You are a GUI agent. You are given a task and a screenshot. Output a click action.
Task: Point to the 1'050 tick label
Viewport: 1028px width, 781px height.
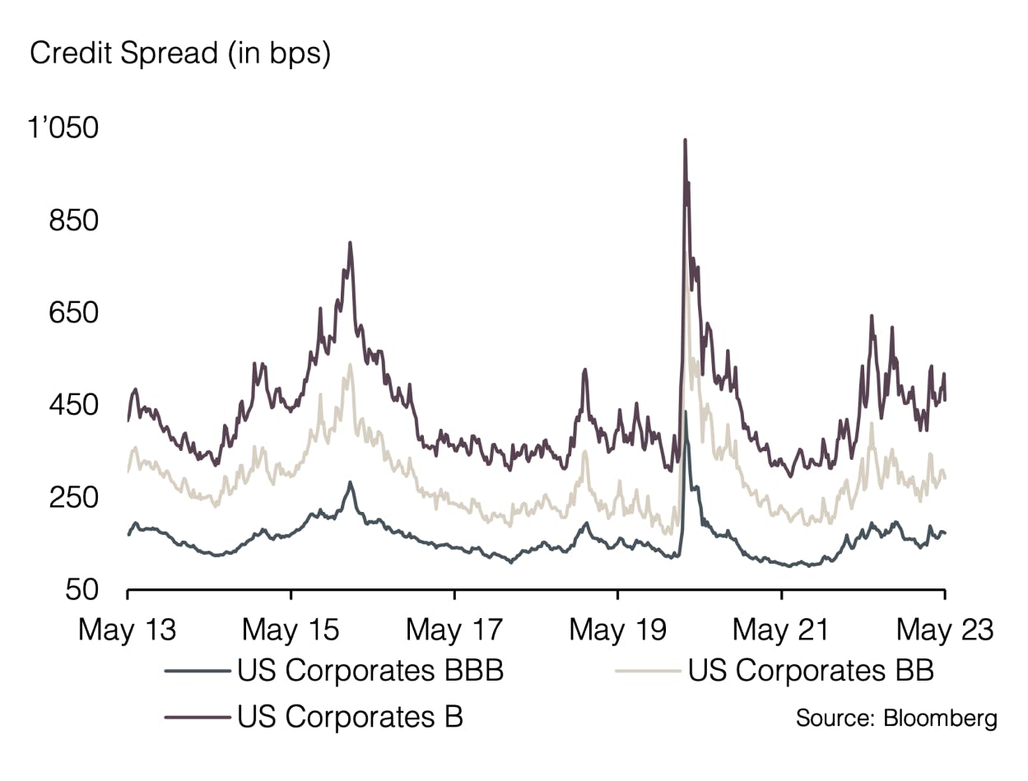click(63, 128)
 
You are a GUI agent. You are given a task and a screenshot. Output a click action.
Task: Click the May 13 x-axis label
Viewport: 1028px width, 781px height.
click(128, 630)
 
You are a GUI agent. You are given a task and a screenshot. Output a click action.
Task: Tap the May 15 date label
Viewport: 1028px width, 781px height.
click(291, 630)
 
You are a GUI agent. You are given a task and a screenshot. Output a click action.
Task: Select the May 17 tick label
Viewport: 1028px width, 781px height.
click(454, 630)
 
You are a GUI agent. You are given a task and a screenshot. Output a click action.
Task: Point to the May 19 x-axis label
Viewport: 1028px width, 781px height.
click(617, 630)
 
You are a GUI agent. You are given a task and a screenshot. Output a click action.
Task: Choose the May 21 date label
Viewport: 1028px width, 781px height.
click(781, 630)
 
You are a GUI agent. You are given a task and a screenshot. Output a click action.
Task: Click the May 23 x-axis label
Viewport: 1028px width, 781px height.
click(945, 630)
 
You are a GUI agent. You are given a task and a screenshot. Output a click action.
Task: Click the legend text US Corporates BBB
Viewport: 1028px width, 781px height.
click(370, 671)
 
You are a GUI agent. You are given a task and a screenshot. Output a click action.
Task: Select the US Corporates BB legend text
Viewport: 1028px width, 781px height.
click(811, 671)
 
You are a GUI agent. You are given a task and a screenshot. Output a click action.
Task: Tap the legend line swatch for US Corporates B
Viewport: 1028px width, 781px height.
click(197, 717)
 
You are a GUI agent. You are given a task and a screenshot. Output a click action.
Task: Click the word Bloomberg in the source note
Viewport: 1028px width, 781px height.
click(939, 718)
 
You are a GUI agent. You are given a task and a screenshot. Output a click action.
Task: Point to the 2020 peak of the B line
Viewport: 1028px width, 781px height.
click(685, 141)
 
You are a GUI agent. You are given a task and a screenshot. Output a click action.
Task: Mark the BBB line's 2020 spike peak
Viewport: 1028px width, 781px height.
click(686, 411)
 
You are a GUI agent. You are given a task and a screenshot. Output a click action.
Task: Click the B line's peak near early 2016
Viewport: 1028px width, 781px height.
click(350, 243)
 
